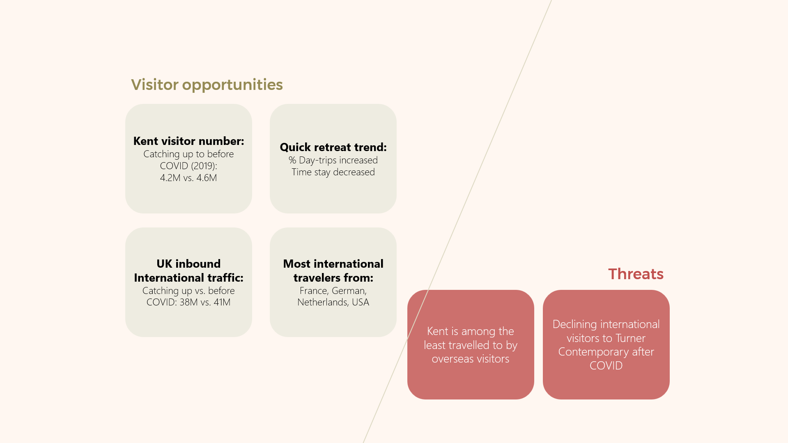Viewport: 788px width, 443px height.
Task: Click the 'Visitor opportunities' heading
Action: point(207,85)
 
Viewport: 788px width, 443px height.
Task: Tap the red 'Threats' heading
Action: point(636,274)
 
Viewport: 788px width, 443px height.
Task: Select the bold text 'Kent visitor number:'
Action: point(188,141)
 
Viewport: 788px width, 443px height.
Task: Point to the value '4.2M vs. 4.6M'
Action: point(188,178)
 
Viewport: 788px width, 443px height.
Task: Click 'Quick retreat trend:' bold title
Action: point(333,147)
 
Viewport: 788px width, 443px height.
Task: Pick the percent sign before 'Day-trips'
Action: point(292,160)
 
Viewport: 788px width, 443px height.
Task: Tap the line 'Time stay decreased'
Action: point(333,172)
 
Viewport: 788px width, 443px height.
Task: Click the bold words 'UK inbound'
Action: point(188,264)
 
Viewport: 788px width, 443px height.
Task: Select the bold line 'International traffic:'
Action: point(188,278)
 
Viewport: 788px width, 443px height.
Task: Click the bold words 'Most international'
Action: point(333,264)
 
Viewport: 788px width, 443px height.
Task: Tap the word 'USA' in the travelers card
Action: point(361,302)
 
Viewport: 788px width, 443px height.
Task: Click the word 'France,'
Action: point(314,291)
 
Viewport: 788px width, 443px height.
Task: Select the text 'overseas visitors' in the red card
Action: point(470,359)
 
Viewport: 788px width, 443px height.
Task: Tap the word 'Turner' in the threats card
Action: point(630,338)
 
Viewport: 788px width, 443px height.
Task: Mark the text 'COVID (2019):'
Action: point(188,166)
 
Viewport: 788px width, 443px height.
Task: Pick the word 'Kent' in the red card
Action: point(438,331)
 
